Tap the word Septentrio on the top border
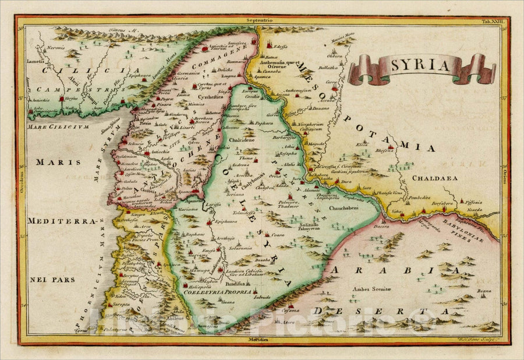click(259, 20)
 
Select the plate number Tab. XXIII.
click(494, 21)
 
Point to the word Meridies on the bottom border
click(259, 339)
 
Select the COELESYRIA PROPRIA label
click(217, 292)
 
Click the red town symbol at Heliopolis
click(186, 286)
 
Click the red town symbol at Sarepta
click(108, 304)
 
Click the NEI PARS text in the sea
click(52, 279)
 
